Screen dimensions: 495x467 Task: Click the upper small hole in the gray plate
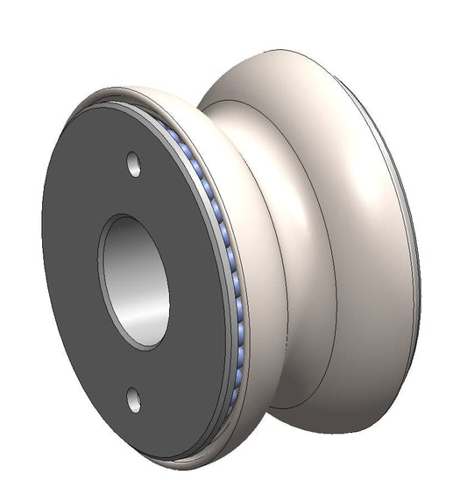[x=133, y=162]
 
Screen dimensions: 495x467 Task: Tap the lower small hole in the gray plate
[x=132, y=399]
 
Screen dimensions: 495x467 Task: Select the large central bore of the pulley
[x=133, y=280]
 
